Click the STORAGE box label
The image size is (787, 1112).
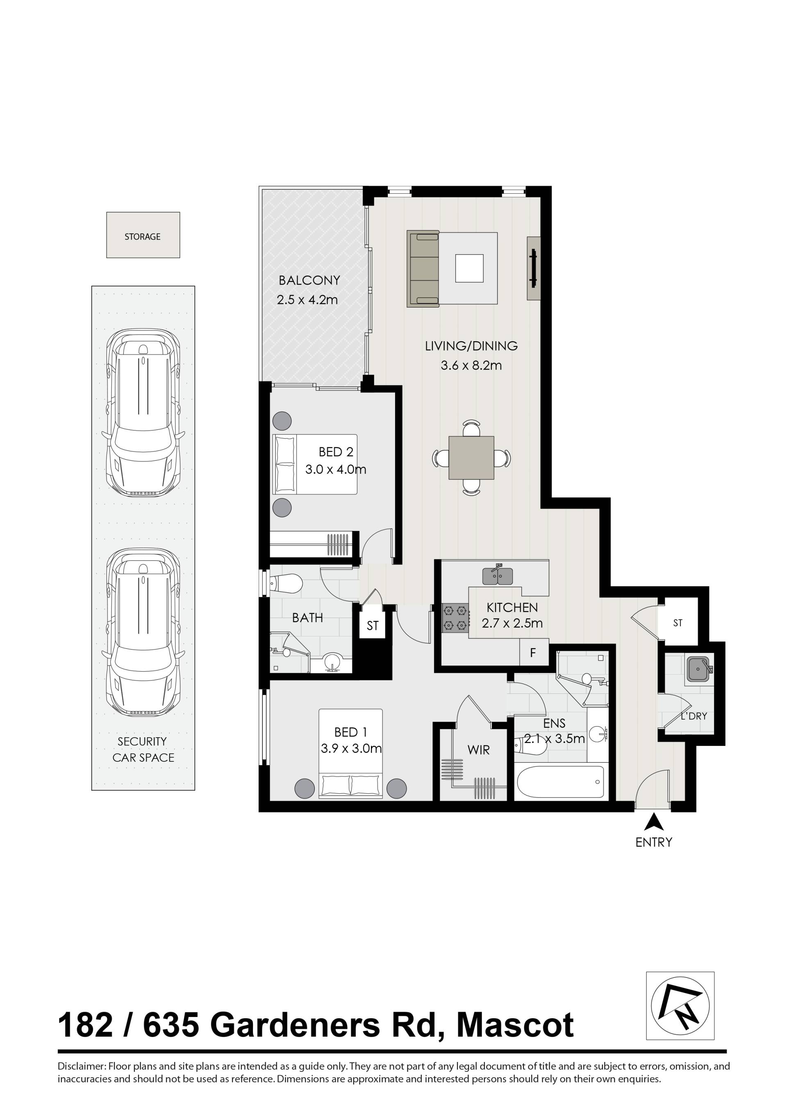coord(143,237)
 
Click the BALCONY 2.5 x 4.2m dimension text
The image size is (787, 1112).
coord(307,300)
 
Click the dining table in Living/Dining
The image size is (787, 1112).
coord(471,457)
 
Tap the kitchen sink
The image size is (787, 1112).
coord(498,575)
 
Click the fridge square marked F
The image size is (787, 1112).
coord(534,652)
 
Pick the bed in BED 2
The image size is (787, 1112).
coord(315,464)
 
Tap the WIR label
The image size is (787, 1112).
coord(478,750)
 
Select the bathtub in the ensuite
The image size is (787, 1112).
coord(561,782)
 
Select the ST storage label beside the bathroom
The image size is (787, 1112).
coord(372,626)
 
